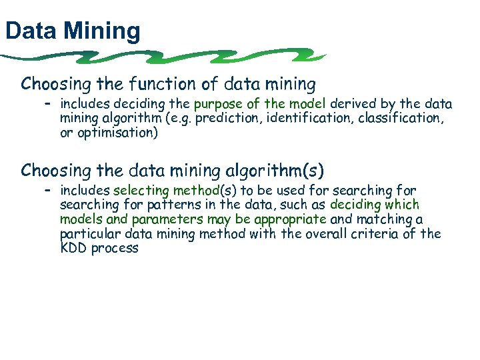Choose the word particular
point(86,233)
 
